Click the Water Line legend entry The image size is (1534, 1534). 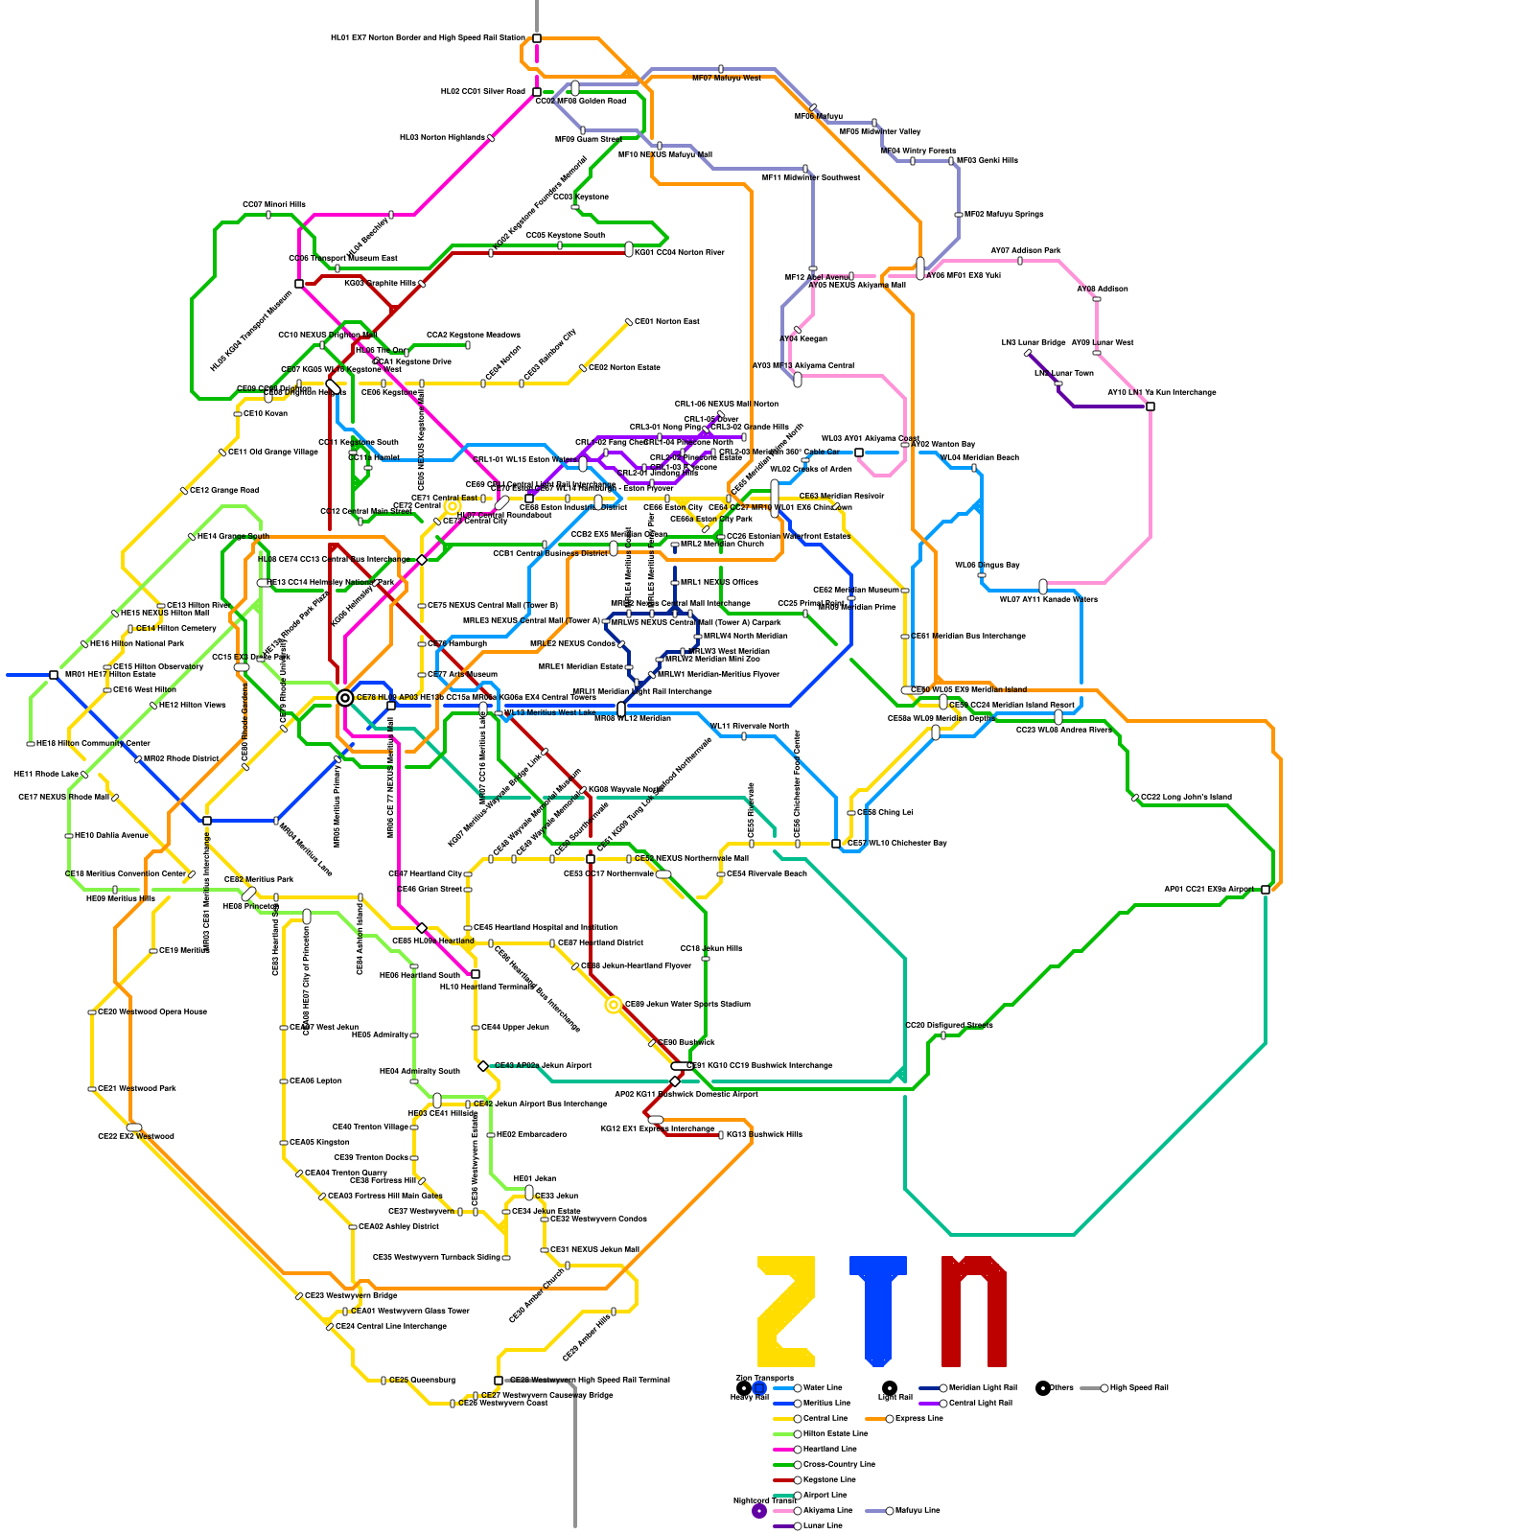[823, 1387]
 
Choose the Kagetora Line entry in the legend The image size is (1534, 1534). [828, 1479]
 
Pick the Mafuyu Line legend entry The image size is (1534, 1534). [917, 1510]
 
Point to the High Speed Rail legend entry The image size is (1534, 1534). [1138, 1387]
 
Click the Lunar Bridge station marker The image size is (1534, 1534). [1028, 353]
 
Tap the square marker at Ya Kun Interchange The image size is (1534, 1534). [1150, 407]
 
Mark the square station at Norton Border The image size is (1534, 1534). [537, 38]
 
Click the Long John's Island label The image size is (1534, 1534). [1186, 797]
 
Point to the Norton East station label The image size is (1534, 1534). [666, 321]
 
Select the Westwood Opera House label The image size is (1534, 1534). [152, 1011]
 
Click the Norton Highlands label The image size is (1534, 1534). [442, 137]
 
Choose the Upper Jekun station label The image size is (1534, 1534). [515, 1027]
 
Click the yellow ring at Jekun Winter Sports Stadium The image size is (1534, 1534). [614, 1005]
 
